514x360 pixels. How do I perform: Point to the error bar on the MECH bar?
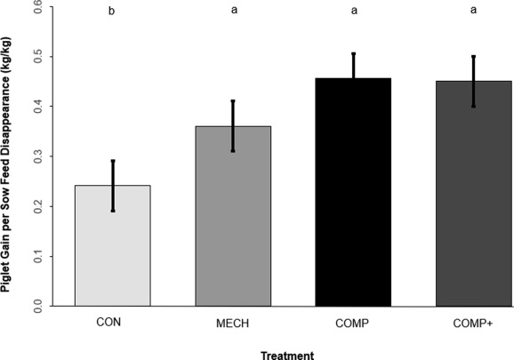(232, 125)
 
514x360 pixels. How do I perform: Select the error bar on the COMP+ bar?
(472, 81)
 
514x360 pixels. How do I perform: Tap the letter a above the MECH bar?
(232, 13)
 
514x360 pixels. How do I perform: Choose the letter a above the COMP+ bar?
(472, 13)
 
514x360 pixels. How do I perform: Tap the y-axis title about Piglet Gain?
(10, 156)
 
